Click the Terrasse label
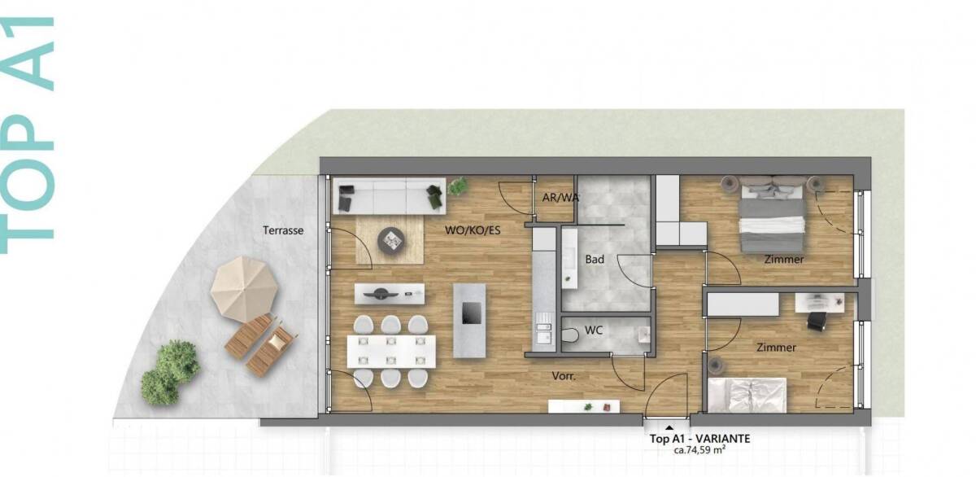tap(283, 230)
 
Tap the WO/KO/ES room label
tap(473, 230)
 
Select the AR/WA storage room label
tap(560, 198)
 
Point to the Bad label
tap(595, 260)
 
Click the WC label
tap(594, 330)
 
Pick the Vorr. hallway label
tap(564, 376)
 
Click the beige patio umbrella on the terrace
tap(244, 289)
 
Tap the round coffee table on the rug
tap(391, 240)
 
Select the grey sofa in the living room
tap(390, 196)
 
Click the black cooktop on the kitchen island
tap(472, 313)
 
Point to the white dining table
tap(391, 351)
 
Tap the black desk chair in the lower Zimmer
tap(817, 321)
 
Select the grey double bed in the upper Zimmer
tap(772, 215)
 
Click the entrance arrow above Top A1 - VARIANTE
tap(669, 427)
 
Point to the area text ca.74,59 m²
tap(699, 450)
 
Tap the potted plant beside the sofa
tap(457, 186)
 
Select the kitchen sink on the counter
tap(543, 333)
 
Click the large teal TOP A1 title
tap(27, 135)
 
